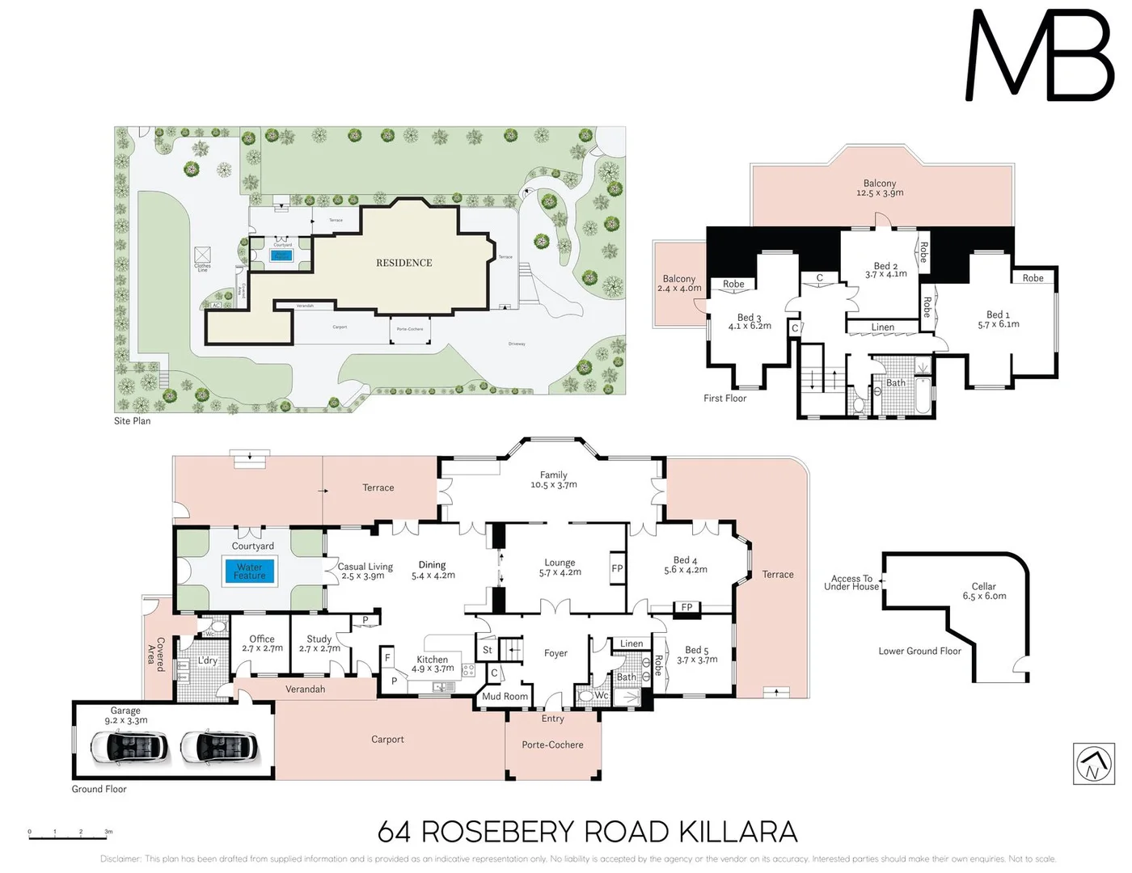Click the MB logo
coord(1040,57)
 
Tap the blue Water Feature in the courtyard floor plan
coord(250,571)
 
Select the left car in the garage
coord(129,748)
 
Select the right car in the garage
coord(218,748)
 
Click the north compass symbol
coord(1093,764)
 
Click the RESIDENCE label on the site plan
coord(403,263)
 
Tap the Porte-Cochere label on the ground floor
coord(552,744)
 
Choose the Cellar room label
coord(984,591)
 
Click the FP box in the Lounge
coord(617,568)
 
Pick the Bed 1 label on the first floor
coord(998,319)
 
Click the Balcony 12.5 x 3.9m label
coord(880,188)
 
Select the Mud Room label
coord(505,696)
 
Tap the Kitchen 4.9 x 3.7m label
coord(433,664)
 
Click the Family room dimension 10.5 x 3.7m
coord(554,485)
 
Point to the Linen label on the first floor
coord(882,327)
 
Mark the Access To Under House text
coord(851,583)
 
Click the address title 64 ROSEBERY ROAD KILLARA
coord(587,832)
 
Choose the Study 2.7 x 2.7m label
coord(319,643)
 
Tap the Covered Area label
coord(155,655)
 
